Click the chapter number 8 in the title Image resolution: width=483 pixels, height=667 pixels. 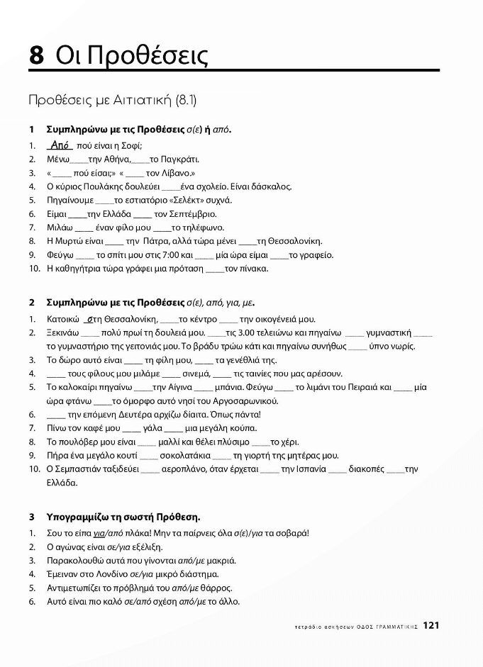(36, 55)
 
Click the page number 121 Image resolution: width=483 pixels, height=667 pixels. (432, 625)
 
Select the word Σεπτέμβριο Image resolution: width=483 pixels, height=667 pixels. (191, 214)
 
